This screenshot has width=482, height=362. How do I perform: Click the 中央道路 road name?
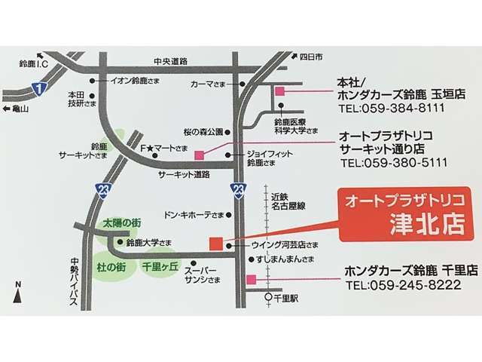(169, 61)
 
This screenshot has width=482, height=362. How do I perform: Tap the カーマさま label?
(212, 84)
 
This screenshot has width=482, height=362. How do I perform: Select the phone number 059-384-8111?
(392, 108)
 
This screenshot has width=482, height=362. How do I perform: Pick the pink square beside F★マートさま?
(200, 155)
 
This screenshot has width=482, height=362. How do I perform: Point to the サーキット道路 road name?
(183, 174)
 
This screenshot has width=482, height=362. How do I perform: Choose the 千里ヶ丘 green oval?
(159, 266)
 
